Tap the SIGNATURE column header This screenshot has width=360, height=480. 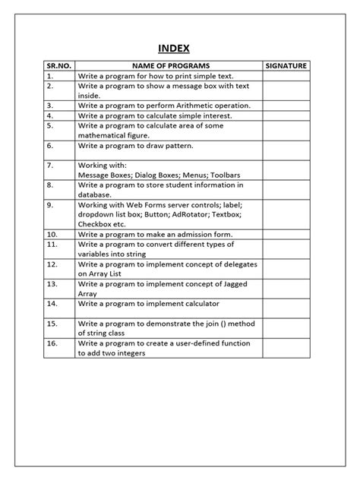(x=286, y=66)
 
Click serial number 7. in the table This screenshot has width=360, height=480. (x=50, y=165)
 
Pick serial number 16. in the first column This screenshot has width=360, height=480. (x=52, y=343)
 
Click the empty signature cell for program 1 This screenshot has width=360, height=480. (x=286, y=76)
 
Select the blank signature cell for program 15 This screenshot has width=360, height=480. (x=286, y=328)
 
